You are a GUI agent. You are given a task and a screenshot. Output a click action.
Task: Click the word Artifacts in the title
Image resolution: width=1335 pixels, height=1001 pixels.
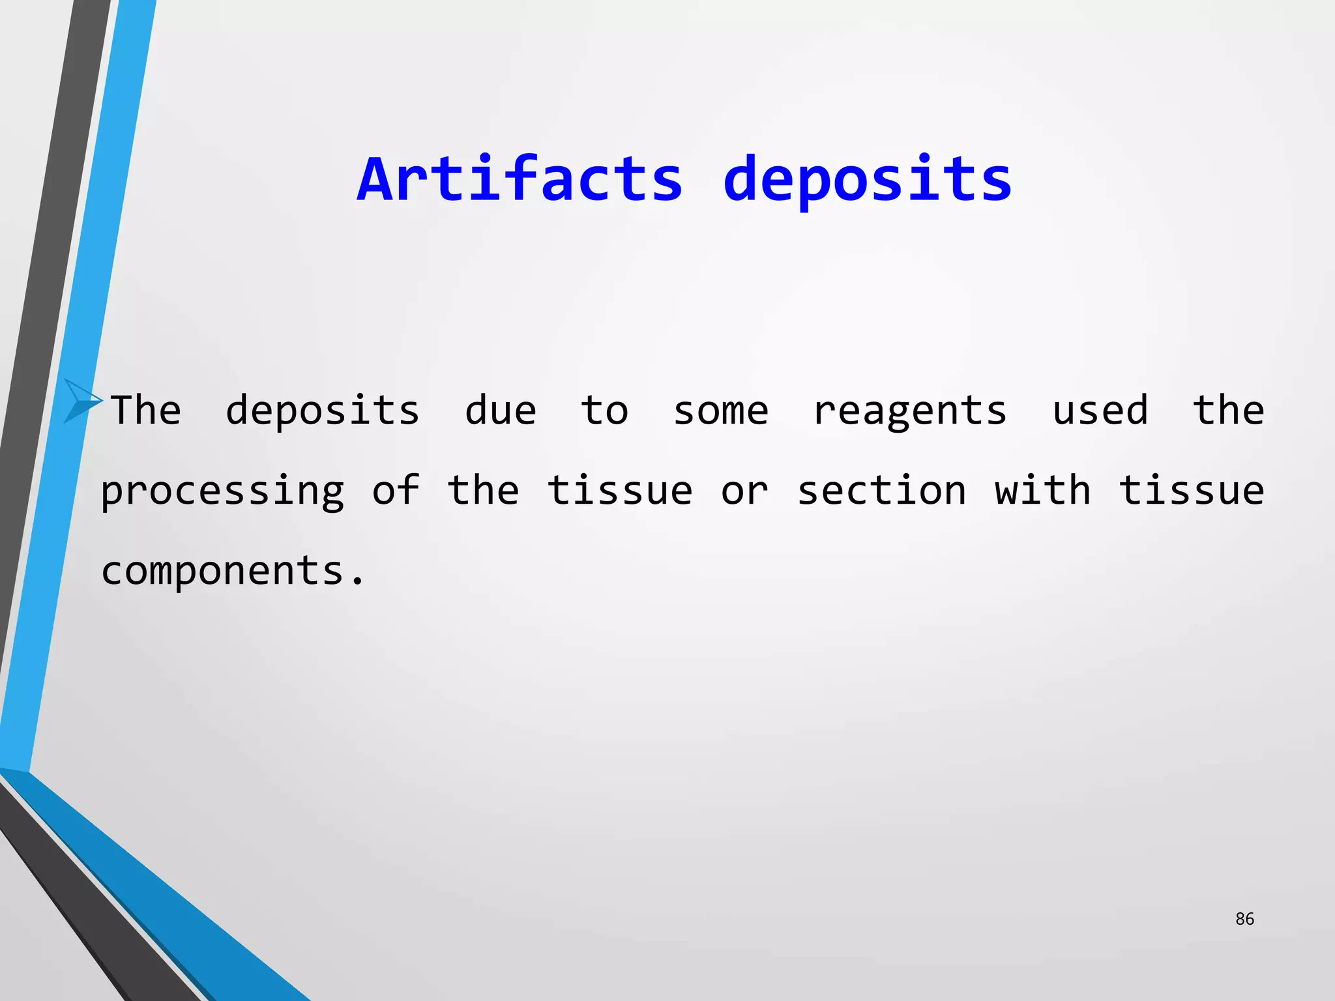[520, 179]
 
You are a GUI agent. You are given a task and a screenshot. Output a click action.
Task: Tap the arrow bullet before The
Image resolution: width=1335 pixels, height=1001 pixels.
[82, 401]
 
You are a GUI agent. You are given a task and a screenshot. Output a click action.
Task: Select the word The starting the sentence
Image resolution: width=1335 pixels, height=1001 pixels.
[146, 411]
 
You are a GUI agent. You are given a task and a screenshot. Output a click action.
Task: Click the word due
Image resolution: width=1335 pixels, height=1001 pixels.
[500, 411]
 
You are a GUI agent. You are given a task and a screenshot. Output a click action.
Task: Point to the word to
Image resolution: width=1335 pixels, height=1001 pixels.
[604, 411]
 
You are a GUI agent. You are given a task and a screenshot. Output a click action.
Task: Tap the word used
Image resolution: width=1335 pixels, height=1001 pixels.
[1100, 411]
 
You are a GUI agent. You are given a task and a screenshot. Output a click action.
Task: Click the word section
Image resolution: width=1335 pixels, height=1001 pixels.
[881, 490]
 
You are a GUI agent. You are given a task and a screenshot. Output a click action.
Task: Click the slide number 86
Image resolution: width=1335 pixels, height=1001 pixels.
[1244, 919]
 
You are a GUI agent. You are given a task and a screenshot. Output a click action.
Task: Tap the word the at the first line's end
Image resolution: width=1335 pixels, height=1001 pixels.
[1229, 411]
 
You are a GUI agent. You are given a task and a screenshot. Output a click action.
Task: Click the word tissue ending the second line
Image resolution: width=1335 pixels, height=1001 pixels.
[1192, 490]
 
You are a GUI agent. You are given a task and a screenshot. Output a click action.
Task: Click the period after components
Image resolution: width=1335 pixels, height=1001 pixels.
[357, 581]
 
